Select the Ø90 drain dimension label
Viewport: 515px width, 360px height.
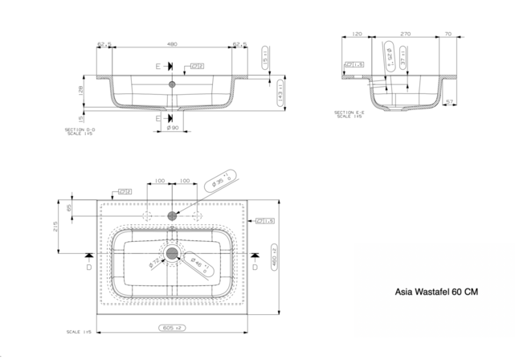point(172,128)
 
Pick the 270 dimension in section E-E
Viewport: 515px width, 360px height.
point(405,35)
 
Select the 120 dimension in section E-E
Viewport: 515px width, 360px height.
point(357,35)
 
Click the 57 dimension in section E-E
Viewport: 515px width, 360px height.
point(451,102)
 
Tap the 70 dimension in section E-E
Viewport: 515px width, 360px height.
point(447,35)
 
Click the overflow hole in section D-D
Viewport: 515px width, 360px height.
point(171,83)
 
